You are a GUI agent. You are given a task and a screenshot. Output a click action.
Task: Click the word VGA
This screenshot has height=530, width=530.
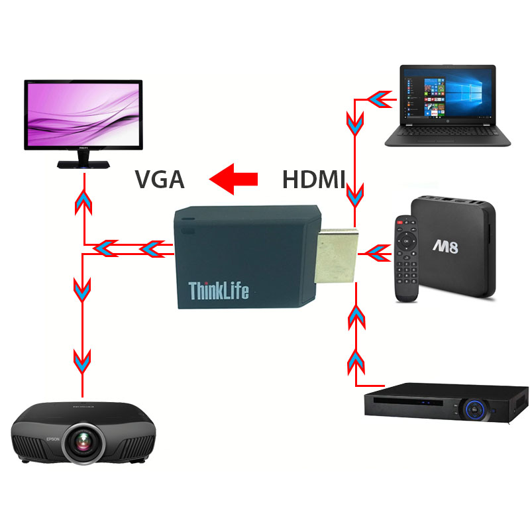[159, 180]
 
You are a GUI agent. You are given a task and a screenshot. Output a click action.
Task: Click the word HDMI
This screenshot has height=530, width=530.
[314, 180]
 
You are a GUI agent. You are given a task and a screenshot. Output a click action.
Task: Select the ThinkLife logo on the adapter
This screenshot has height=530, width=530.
[219, 290]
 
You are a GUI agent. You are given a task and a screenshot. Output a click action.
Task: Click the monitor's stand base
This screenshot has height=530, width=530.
[83, 164]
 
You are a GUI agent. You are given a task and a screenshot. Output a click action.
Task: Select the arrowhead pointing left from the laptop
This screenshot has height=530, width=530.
[378, 100]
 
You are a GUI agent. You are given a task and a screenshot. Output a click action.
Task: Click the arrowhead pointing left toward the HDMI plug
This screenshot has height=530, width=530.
[378, 252]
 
